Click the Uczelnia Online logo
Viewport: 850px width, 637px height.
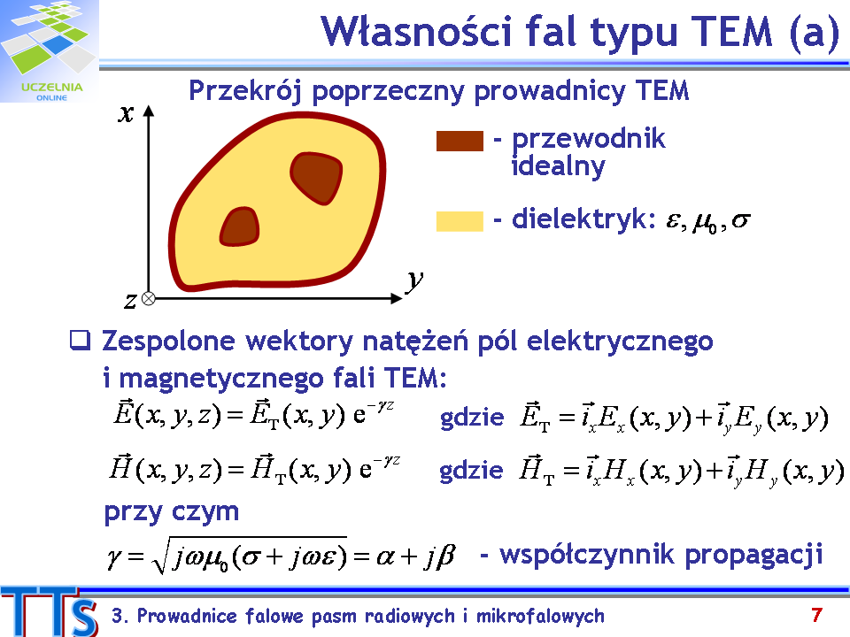pyautogui.click(x=50, y=51)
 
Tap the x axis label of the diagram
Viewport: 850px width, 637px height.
pyautogui.click(x=127, y=114)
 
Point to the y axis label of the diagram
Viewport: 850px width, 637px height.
pyautogui.click(x=414, y=280)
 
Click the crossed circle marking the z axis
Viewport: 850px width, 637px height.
pyautogui.click(x=148, y=298)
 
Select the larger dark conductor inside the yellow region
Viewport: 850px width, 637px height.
pyautogui.click(x=316, y=178)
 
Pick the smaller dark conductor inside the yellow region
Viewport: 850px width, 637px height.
pyautogui.click(x=240, y=226)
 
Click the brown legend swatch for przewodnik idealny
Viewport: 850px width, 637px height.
pyautogui.click(x=460, y=141)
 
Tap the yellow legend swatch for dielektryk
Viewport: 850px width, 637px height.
pyautogui.click(x=460, y=221)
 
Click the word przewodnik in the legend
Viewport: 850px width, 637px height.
pyautogui.click(x=588, y=139)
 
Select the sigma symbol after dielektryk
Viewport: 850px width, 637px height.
pyautogui.click(x=741, y=220)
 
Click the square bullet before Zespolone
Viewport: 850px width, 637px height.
pyautogui.click(x=80, y=340)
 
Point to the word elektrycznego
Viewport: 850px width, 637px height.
pyautogui.click(x=620, y=342)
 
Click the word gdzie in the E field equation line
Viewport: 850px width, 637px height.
pyautogui.click(x=472, y=418)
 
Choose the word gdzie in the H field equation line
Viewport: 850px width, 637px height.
pyautogui.click(x=471, y=470)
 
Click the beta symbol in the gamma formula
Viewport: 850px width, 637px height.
pyautogui.click(x=445, y=556)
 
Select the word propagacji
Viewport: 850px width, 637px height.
pyautogui.click(x=753, y=556)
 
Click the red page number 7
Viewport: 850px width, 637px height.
pyautogui.click(x=817, y=615)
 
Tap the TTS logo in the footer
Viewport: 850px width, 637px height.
pyautogui.click(x=50, y=611)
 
